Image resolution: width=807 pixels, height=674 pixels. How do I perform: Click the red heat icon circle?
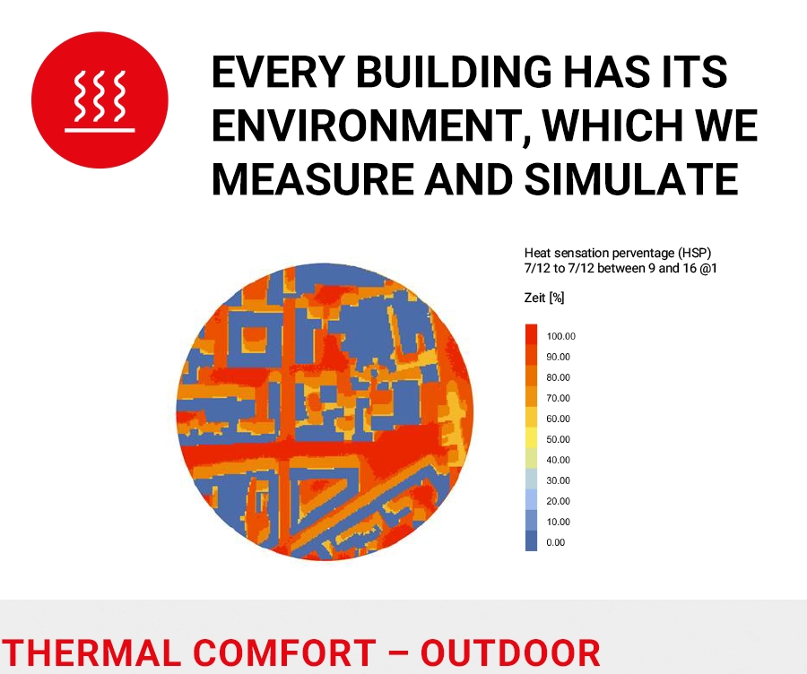pyautogui.click(x=100, y=99)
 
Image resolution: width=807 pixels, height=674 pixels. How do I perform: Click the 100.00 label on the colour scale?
pyautogui.click(x=561, y=336)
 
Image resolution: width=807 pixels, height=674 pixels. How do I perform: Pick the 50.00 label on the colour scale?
pyautogui.click(x=559, y=439)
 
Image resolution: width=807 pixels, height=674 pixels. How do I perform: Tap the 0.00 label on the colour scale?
pyautogui.click(x=556, y=542)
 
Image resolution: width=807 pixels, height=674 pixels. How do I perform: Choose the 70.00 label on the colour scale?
pyautogui.click(x=559, y=398)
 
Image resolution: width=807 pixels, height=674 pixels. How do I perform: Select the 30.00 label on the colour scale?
pyautogui.click(x=559, y=480)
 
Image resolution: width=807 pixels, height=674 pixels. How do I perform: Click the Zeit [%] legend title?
pyautogui.click(x=544, y=298)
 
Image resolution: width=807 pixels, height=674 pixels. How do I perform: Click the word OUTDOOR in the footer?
pyautogui.click(x=510, y=652)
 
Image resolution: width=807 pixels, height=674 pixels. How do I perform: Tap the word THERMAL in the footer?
pyautogui.click(x=91, y=652)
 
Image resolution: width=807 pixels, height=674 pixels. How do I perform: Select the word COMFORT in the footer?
pyautogui.click(x=284, y=652)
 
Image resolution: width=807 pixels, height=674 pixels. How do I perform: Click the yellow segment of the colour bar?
pyautogui.click(x=531, y=438)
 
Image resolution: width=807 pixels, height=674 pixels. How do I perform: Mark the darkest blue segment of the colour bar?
pyautogui.click(x=531, y=540)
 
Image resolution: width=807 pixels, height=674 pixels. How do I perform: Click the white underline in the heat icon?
pyautogui.click(x=100, y=130)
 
